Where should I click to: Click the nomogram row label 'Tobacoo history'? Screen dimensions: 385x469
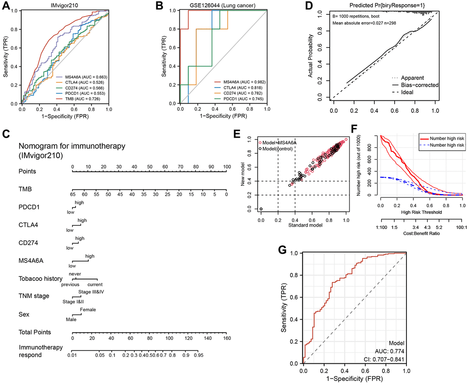coord(38,279)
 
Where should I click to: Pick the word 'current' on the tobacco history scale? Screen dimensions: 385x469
coord(95,284)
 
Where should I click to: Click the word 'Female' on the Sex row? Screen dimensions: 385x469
coord(88,309)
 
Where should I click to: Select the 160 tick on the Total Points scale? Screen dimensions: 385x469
coord(225,338)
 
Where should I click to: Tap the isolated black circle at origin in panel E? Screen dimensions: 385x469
coord(261,209)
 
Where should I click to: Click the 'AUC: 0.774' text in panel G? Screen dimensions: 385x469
coord(389,350)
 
